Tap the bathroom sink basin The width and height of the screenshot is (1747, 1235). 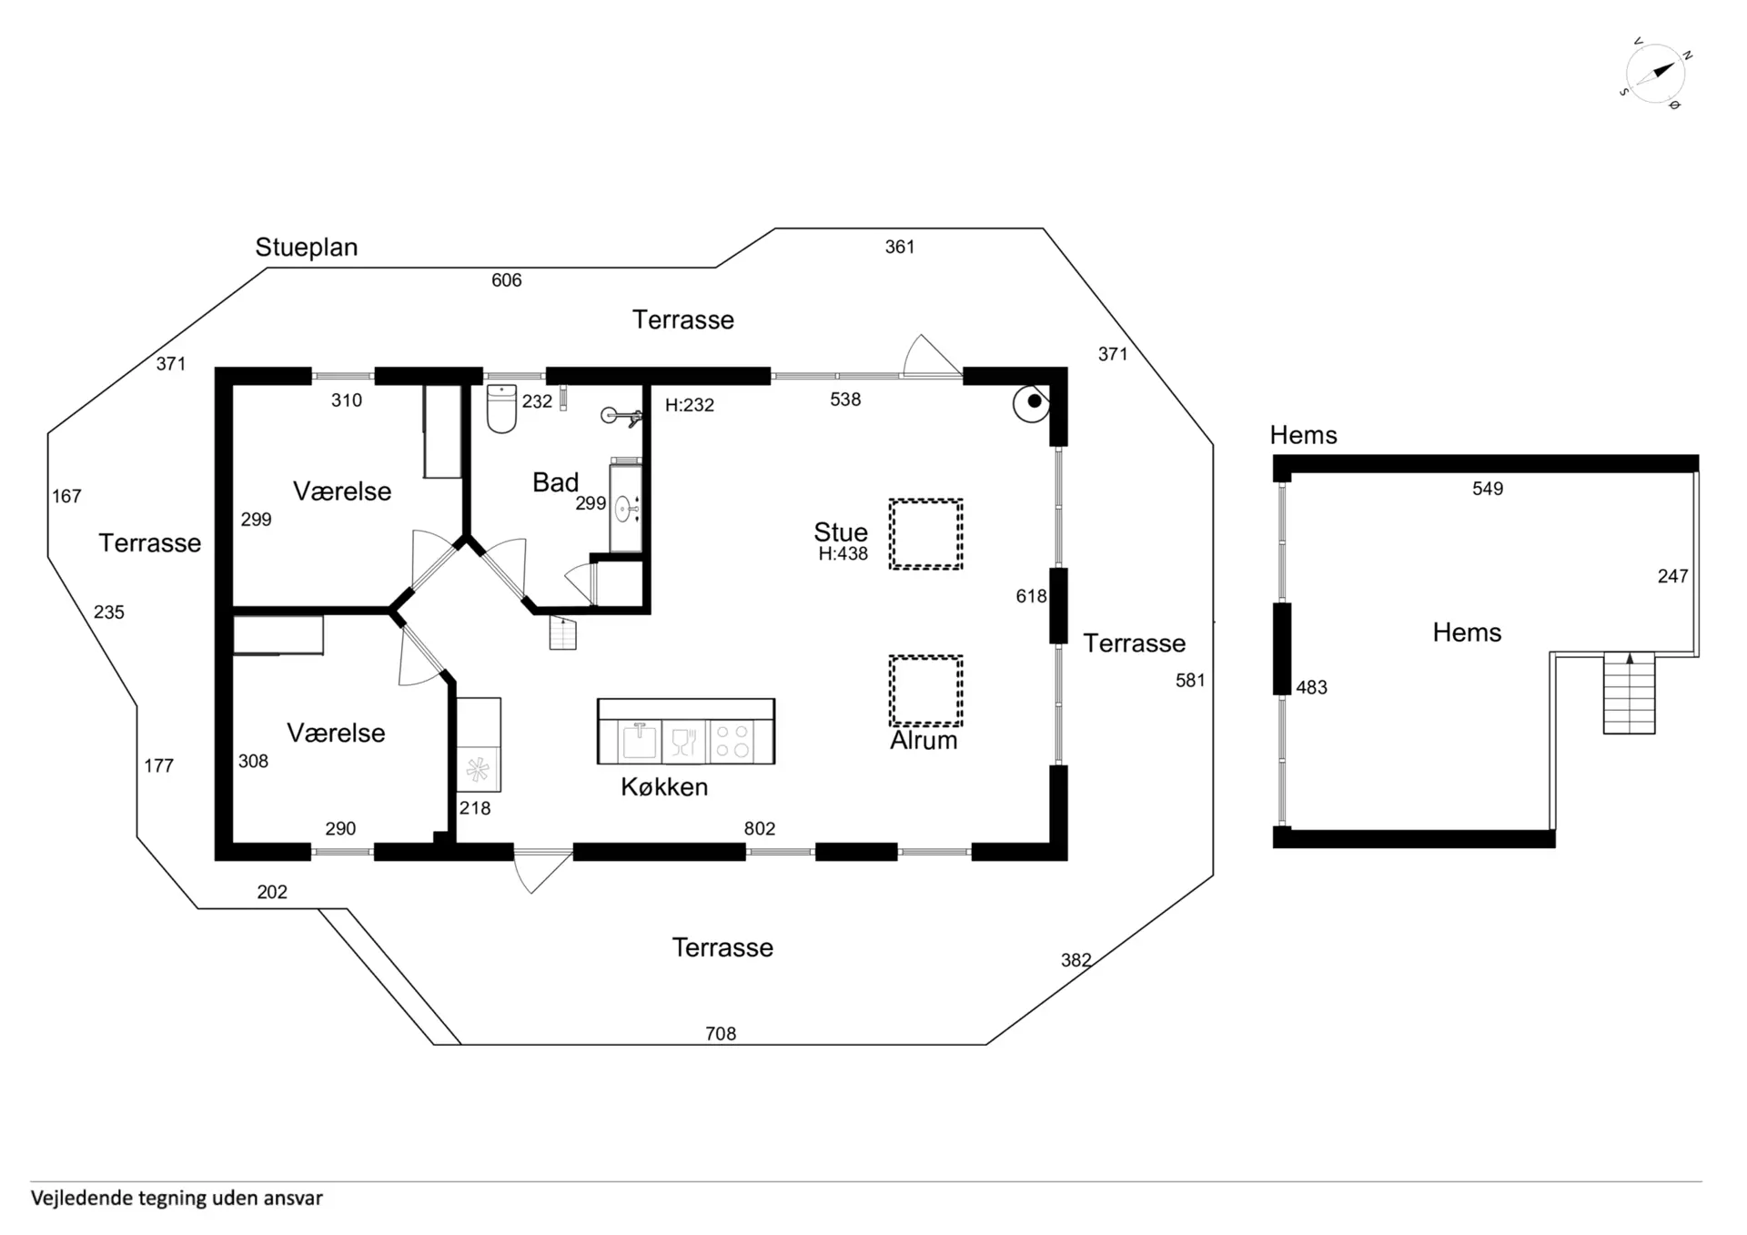(x=625, y=509)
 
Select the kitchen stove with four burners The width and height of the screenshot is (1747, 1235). (x=732, y=740)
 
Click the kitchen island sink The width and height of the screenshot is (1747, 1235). (x=639, y=740)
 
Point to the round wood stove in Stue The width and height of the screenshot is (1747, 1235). (x=1032, y=402)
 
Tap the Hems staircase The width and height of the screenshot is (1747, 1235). (x=1629, y=693)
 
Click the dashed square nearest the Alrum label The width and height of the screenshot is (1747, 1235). (x=925, y=690)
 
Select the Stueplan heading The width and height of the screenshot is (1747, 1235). (x=306, y=247)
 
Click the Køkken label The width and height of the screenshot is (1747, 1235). (x=664, y=787)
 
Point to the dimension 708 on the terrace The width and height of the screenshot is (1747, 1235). (x=721, y=1034)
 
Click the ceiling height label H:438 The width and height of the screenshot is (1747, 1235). (x=843, y=554)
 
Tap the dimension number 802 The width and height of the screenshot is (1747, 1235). (x=760, y=829)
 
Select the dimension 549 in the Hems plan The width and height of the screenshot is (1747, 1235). (x=1488, y=489)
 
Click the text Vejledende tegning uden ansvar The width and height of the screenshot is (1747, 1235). (x=177, y=1199)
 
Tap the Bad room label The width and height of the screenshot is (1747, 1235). (x=555, y=482)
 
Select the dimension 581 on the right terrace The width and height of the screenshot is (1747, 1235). (x=1190, y=681)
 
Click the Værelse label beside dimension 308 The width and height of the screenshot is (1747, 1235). (x=336, y=734)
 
